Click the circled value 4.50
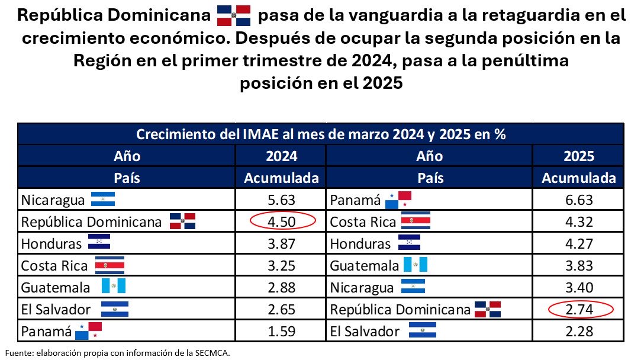coord(282,221)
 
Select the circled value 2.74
coord(579,309)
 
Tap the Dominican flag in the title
coord(234,15)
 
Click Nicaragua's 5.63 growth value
coord(282,200)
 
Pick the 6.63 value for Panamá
coord(579,200)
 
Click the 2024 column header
coord(282,156)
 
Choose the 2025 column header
coord(579,156)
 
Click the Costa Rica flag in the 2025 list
coord(416,221)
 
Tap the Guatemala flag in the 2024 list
coord(113,287)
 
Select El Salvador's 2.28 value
coord(579,331)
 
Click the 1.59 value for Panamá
coord(282,331)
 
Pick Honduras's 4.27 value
coord(579,243)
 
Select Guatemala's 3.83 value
coord(579,265)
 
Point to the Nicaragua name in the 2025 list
coord(362,288)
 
